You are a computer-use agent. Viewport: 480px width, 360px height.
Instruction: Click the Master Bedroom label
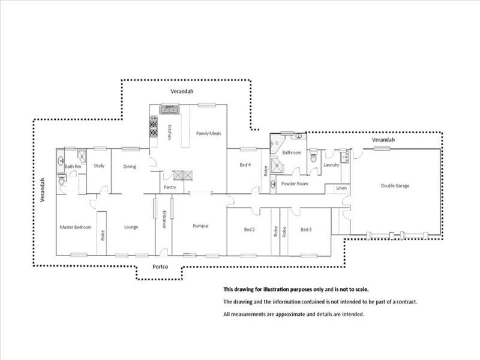click(76, 227)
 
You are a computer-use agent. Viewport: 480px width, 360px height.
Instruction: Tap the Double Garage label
click(395, 185)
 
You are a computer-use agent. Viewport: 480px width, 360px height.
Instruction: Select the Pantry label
click(170, 187)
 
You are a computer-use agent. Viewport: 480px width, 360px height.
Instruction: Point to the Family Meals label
click(208, 133)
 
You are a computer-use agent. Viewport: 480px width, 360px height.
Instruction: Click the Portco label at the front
click(160, 266)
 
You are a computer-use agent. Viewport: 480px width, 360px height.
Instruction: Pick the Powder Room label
click(295, 184)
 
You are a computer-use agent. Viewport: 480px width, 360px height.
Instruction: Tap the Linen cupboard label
click(341, 188)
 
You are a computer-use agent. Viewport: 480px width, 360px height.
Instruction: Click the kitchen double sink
click(169, 109)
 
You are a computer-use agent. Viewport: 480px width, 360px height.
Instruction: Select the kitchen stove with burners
click(154, 127)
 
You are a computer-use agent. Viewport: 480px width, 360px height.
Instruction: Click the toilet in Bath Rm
click(62, 180)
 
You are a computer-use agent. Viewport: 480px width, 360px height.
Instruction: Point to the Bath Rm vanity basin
click(61, 160)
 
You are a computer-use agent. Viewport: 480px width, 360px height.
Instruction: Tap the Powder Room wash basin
click(273, 184)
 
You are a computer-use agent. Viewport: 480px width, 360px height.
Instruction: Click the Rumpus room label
click(201, 226)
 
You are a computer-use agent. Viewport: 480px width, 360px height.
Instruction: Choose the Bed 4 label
click(245, 164)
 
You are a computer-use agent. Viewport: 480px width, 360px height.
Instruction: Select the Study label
click(99, 166)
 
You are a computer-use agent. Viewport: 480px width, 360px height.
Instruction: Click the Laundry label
click(331, 164)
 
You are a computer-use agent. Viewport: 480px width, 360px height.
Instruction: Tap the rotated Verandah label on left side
click(43, 190)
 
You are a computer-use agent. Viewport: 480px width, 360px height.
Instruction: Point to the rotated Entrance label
click(164, 219)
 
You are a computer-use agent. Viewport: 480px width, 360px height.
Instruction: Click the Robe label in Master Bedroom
click(103, 235)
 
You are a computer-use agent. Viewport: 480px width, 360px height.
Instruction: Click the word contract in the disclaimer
click(407, 302)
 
